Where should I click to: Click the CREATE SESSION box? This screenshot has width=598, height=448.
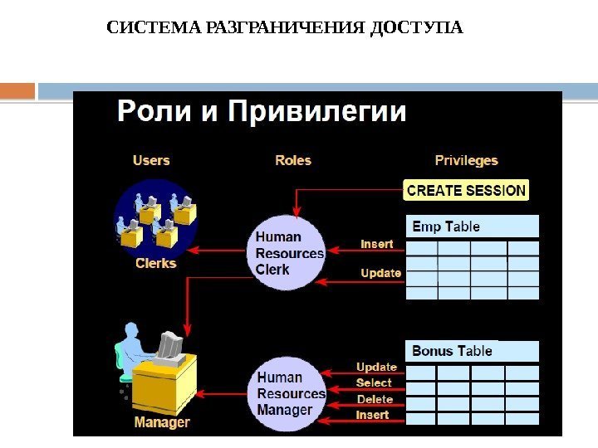coord(466,190)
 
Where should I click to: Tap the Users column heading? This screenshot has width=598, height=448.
coord(151,160)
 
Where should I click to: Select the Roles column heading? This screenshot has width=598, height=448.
coord(293,160)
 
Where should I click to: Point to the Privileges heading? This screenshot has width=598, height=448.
coord(466,160)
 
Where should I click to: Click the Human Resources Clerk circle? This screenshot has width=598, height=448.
coord(288,253)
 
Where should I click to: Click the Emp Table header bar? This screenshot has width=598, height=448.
coord(472,226)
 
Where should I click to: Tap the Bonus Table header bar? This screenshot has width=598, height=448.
coord(472,351)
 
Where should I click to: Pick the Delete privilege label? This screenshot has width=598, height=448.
coord(375,399)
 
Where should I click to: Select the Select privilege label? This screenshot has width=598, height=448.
coord(374,382)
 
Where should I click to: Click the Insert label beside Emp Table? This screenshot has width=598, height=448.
coord(376,244)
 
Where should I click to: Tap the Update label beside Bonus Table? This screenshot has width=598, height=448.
coord(376,367)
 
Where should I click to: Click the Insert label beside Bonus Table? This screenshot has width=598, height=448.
coord(372,415)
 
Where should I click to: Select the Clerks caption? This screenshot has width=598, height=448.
coord(156,263)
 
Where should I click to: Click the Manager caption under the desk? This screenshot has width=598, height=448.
coord(162,422)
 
